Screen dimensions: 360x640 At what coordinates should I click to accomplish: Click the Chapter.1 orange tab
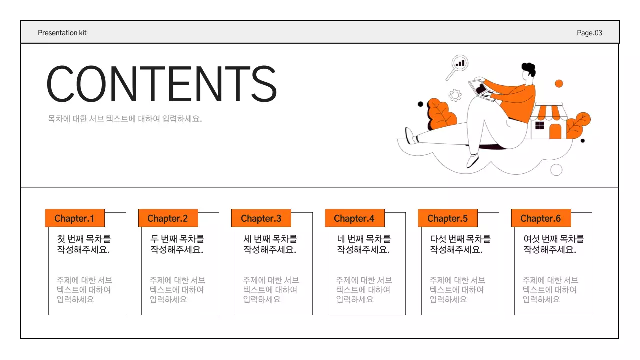tap(74, 218)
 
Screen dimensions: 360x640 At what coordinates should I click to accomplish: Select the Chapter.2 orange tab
tap(168, 218)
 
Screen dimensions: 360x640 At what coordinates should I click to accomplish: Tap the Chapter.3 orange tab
tap(261, 218)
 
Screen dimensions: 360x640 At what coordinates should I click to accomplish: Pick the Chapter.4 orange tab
tap(354, 218)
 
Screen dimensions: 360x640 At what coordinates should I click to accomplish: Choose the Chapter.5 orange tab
tap(447, 218)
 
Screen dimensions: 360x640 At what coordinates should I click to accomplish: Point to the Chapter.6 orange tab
tap(541, 218)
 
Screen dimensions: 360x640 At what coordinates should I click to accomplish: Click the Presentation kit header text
tap(62, 33)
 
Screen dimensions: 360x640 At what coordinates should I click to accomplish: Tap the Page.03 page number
tap(589, 33)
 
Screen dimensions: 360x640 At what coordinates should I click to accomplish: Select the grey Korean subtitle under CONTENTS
tap(125, 119)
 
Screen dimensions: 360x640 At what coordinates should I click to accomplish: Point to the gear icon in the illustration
tap(455, 95)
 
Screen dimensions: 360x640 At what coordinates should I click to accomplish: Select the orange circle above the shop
tap(559, 83)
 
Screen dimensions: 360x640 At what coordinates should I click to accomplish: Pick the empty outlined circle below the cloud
tap(556, 170)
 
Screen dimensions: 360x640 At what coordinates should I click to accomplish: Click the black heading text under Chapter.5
tap(460, 244)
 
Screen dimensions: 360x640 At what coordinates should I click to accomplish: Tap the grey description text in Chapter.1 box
tap(84, 290)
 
